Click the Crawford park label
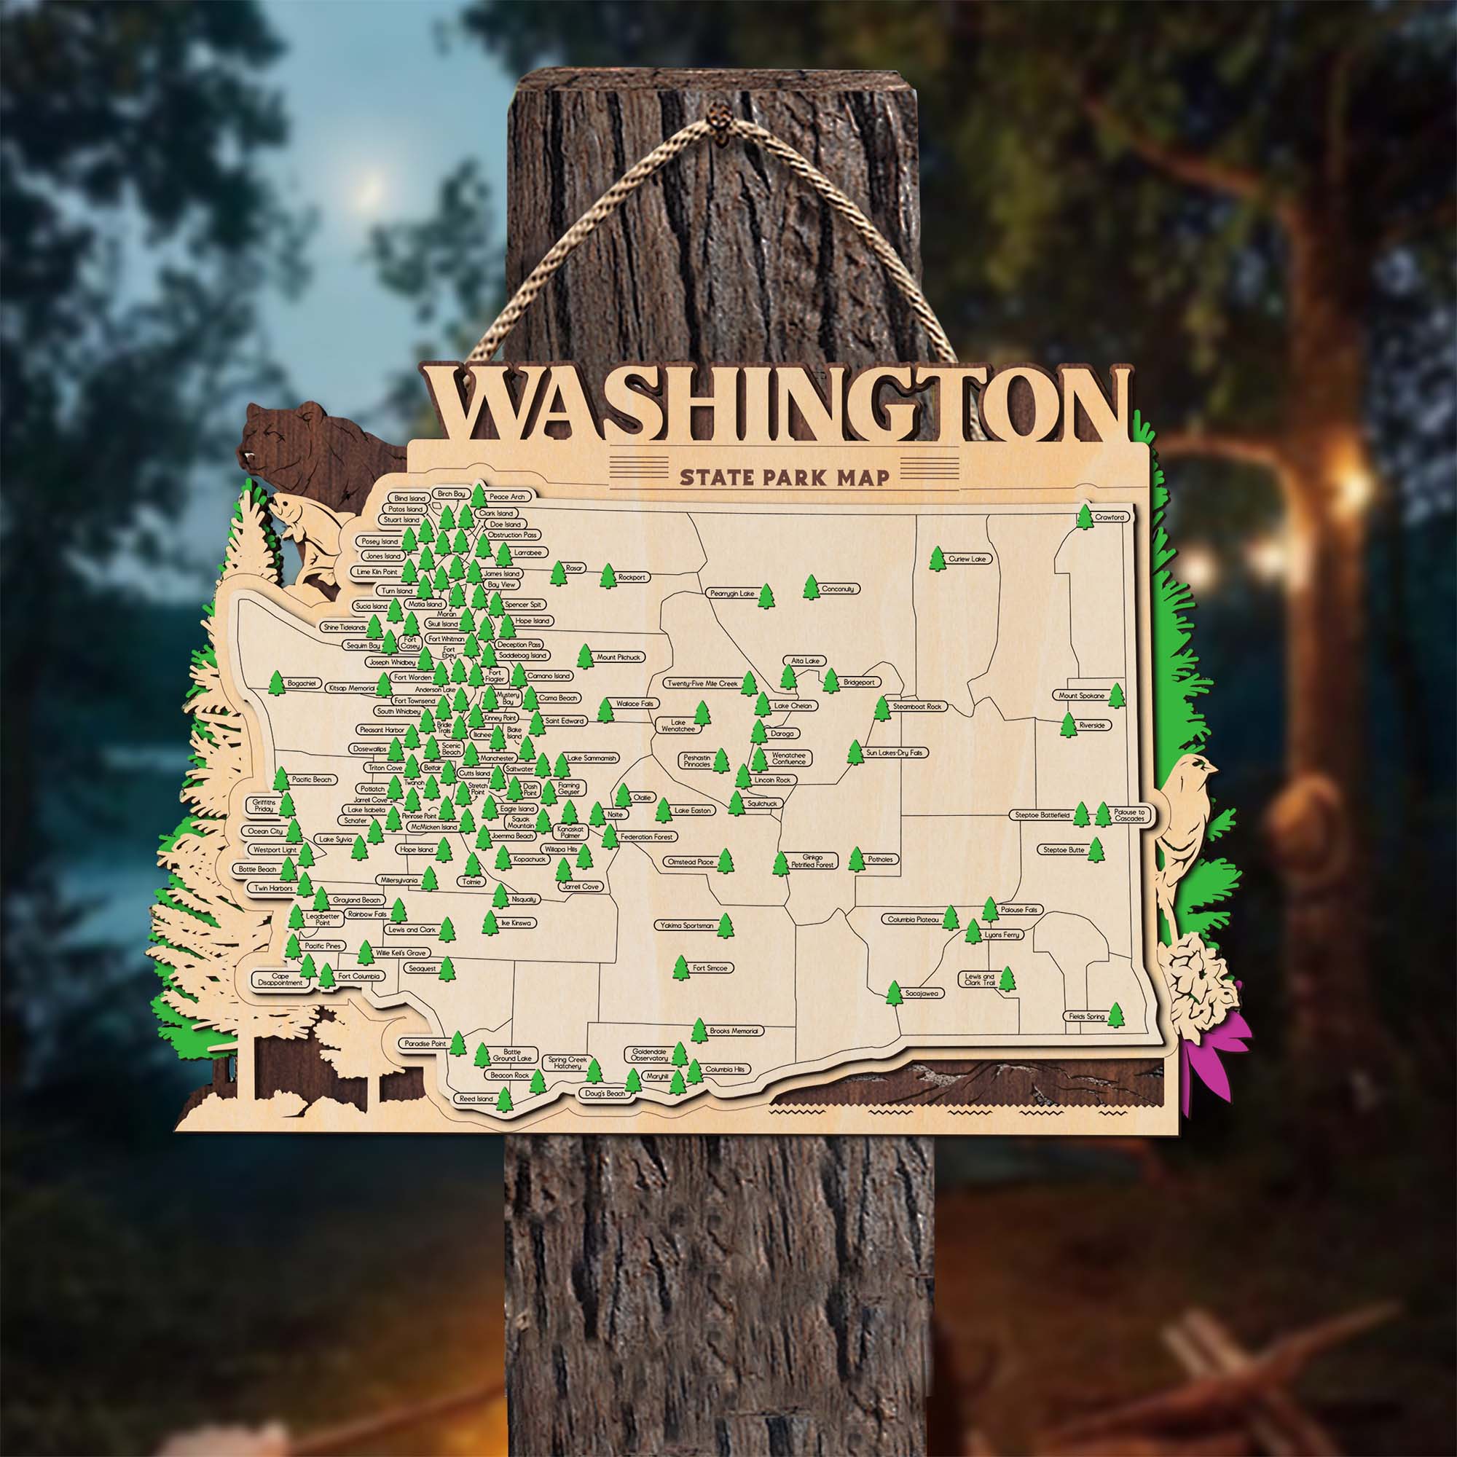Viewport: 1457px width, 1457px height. click(x=1110, y=517)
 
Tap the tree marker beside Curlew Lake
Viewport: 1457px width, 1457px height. click(x=938, y=559)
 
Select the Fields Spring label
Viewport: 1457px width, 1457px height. click(x=1086, y=1016)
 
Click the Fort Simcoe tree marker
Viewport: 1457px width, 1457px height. click(x=681, y=967)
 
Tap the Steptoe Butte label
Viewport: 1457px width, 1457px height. click(x=1064, y=850)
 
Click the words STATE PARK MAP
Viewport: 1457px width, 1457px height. click(x=784, y=476)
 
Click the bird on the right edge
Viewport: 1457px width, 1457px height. click(x=1185, y=814)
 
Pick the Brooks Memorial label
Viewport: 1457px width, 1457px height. click(x=736, y=1030)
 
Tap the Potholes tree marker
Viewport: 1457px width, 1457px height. click(x=856, y=858)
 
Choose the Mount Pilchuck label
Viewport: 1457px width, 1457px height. click(x=619, y=657)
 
